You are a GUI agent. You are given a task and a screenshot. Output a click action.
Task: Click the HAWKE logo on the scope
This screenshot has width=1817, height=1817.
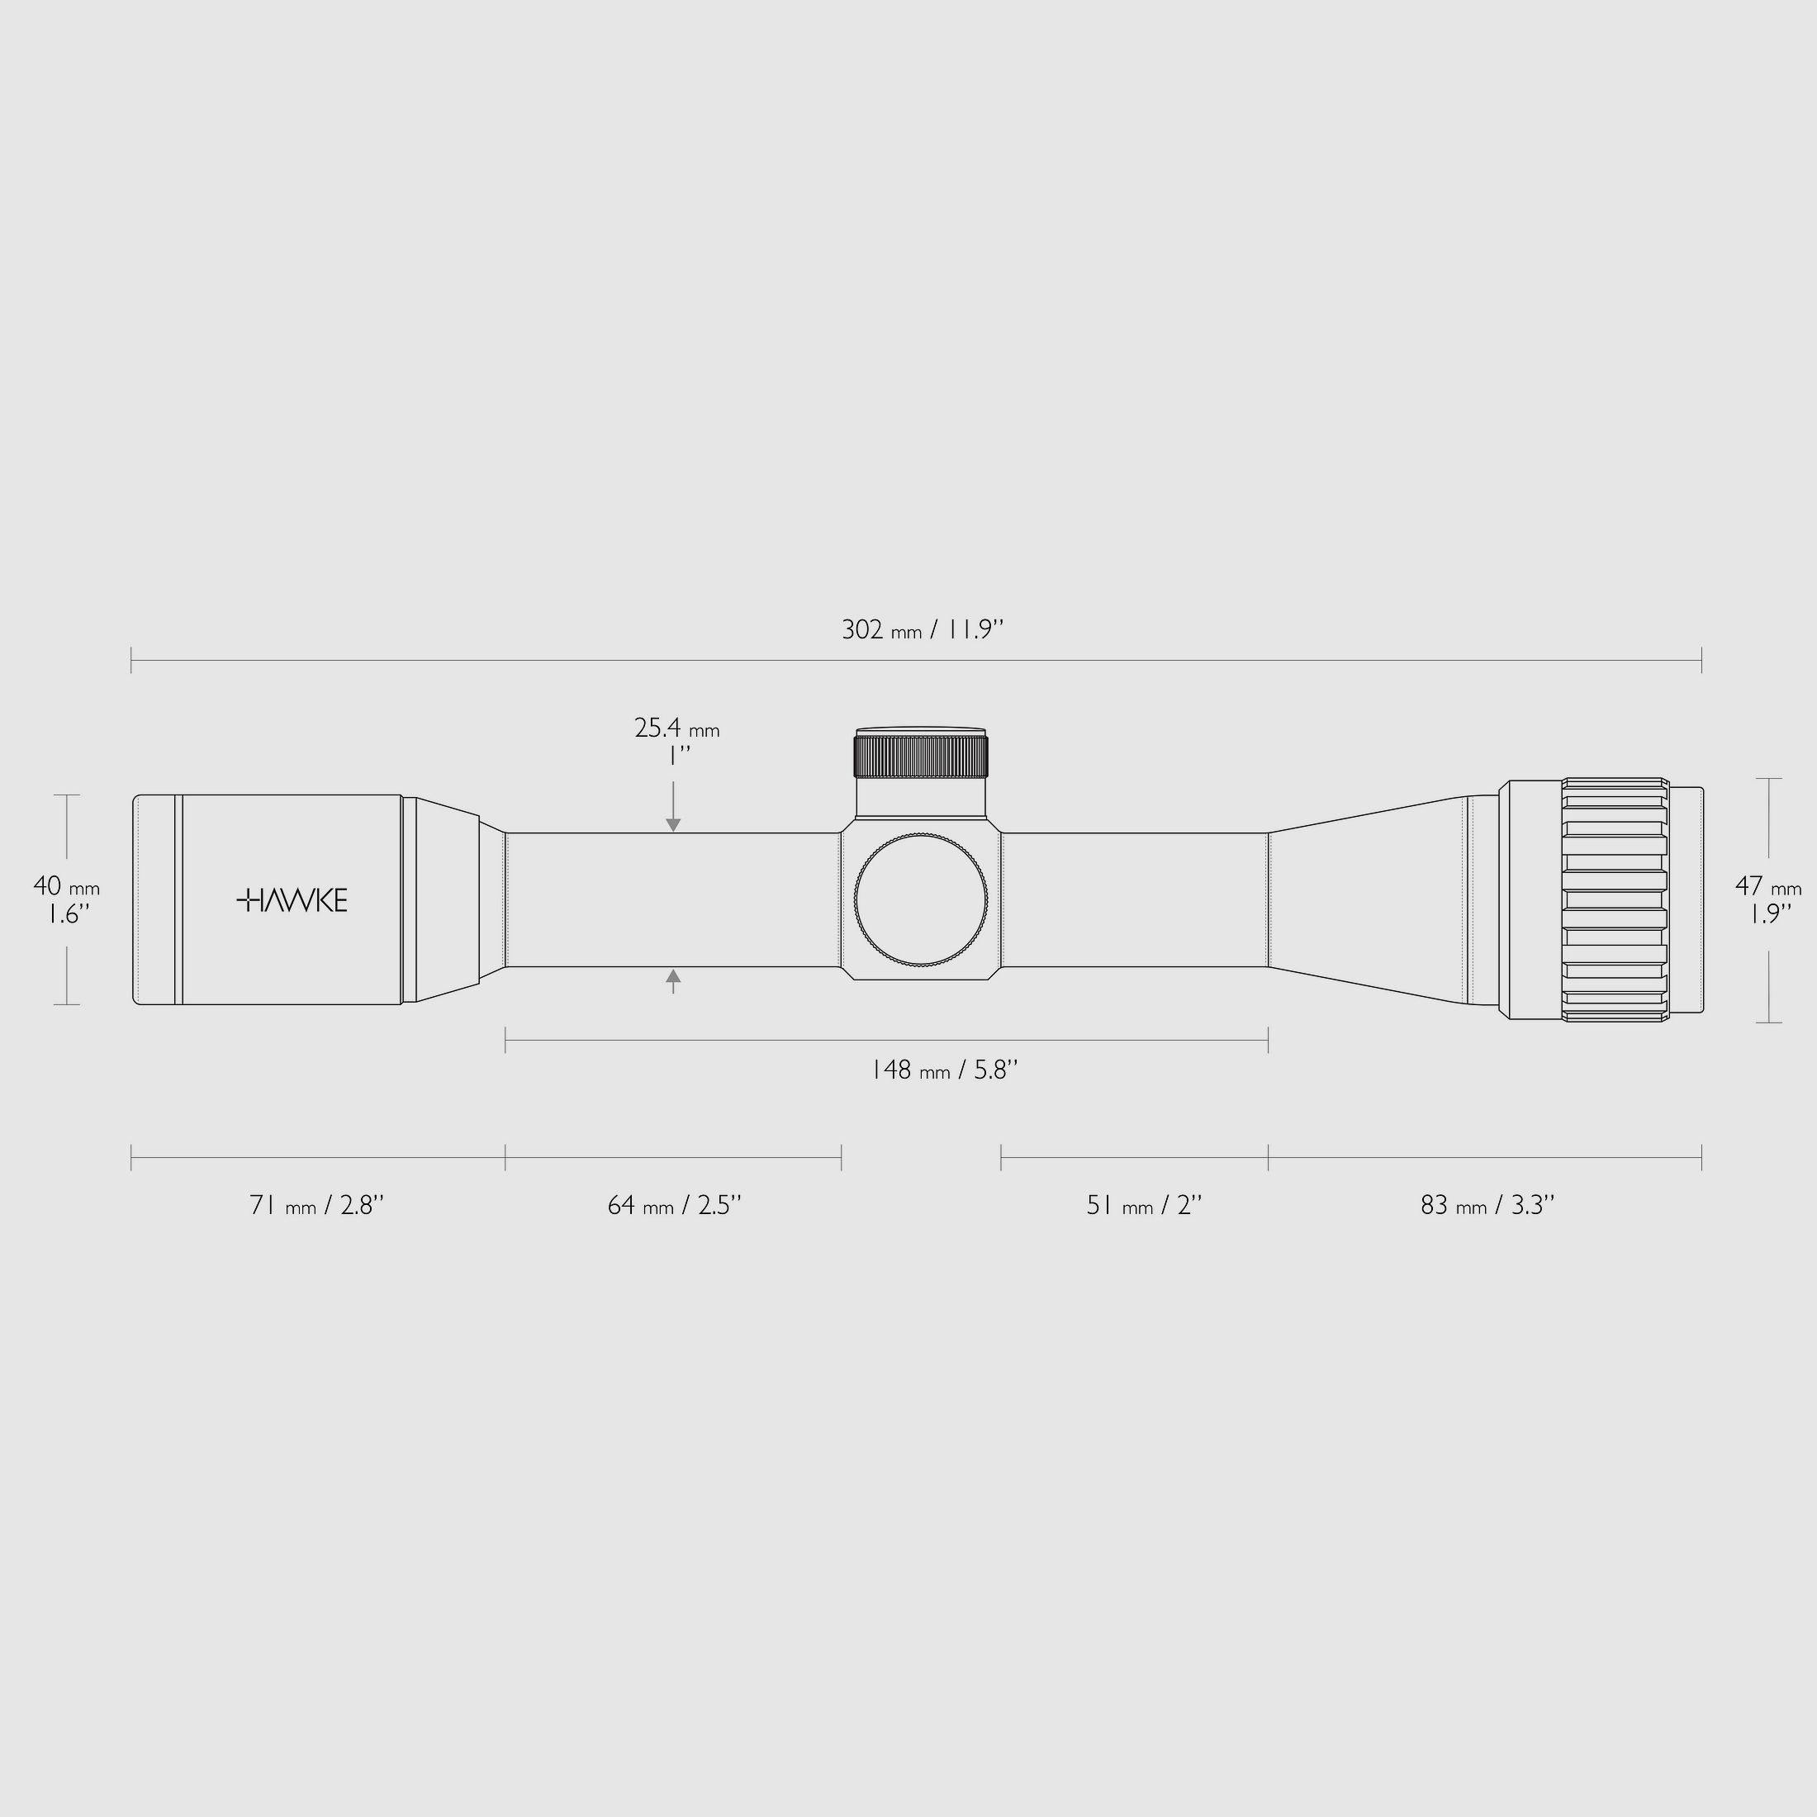pyautogui.click(x=292, y=900)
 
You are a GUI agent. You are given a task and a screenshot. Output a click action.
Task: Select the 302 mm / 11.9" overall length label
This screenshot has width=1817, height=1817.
pyautogui.click(x=923, y=629)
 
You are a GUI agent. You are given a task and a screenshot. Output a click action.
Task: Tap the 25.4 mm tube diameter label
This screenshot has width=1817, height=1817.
pyautogui.click(x=677, y=728)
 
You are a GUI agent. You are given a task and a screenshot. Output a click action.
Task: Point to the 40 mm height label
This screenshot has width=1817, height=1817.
pyautogui.click(x=67, y=886)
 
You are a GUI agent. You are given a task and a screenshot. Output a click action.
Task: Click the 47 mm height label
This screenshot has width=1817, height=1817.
pyautogui.click(x=1768, y=886)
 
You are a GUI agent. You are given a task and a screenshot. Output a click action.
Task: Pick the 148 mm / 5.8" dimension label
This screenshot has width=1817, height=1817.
pyautogui.click(x=944, y=1070)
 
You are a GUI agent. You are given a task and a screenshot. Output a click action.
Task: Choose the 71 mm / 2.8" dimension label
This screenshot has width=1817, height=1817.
pyautogui.click(x=317, y=1205)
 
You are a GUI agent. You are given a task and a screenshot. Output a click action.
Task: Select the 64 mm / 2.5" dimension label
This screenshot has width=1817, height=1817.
pyautogui.click(x=674, y=1205)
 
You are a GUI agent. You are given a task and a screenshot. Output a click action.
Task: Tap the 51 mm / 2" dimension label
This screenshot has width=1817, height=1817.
pyautogui.click(x=1144, y=1205)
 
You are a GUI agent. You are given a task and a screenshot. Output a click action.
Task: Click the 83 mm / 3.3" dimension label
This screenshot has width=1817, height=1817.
pyautogui.click(x=1487, y=1205)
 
